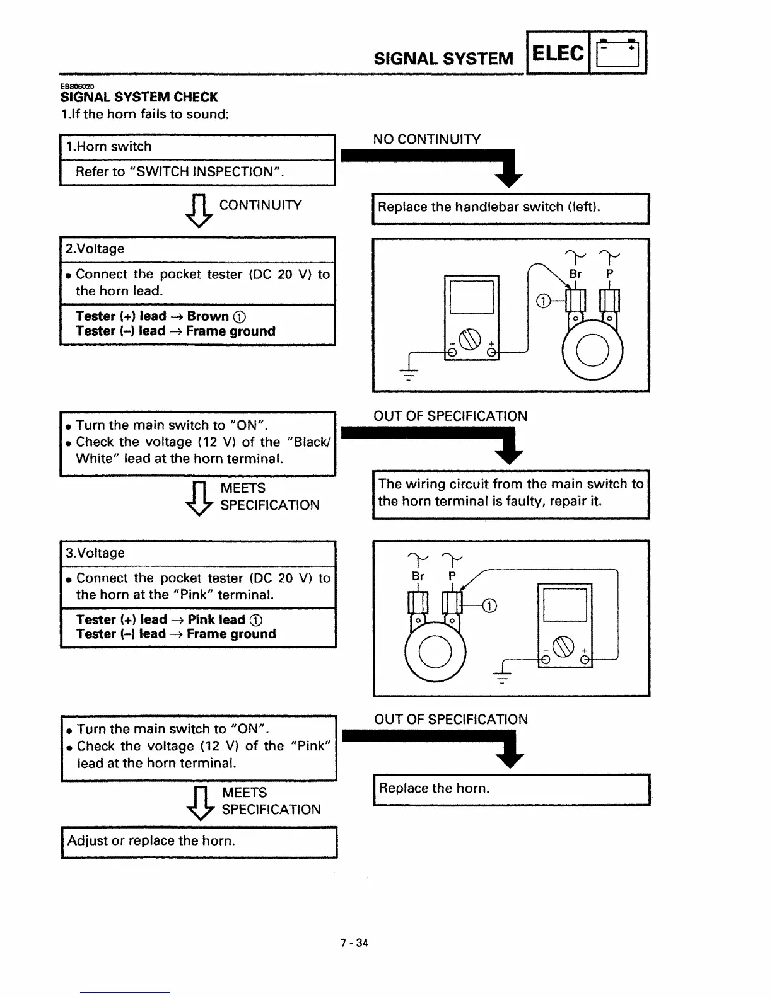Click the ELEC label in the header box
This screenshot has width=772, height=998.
tap(558, 54)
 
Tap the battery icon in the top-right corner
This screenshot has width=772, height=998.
tap(618, 54)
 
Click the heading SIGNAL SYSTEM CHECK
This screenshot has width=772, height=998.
tap(139, 97)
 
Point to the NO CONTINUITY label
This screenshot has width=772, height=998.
tap(426, 139)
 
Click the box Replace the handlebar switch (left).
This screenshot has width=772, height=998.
tap(510, 208)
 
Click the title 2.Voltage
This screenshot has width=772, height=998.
tap(95, 249)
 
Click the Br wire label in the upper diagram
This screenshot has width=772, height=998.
tap(575, 274)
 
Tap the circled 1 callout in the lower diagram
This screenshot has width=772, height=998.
tap(489, 606)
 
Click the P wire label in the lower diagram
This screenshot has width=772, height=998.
tap(452, 576)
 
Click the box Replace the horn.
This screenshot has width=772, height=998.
tap(511, 789)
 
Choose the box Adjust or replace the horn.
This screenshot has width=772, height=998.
tap(199, 842)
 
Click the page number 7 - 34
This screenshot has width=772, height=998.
tap(354, 943)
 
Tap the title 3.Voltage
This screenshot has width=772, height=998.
tap(95, 553)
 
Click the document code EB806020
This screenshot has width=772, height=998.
tap(77, 86)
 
